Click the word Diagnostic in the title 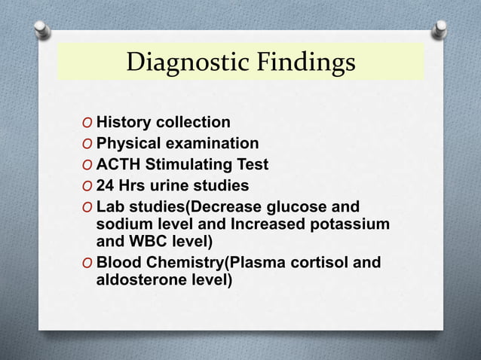tap(185, 63)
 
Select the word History tap(123, 122)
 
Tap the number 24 tap(106, 185)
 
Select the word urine tap(177, 185)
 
